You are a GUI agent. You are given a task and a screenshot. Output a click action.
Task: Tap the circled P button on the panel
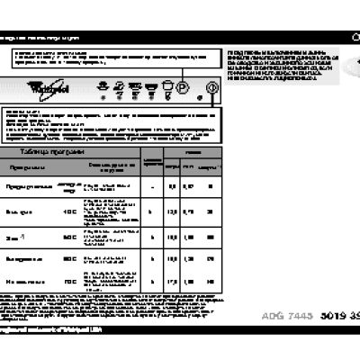point(181,88)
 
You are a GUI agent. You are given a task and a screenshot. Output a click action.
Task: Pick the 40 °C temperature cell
point(69,211)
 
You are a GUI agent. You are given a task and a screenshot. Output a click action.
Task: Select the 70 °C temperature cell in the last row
point(69,282)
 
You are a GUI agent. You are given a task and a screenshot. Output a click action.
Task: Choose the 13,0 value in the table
point(171,211)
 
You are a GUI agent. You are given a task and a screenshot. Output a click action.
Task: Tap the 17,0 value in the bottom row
point(171,282)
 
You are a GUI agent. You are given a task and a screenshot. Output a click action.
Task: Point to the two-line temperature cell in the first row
point(68,186)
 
